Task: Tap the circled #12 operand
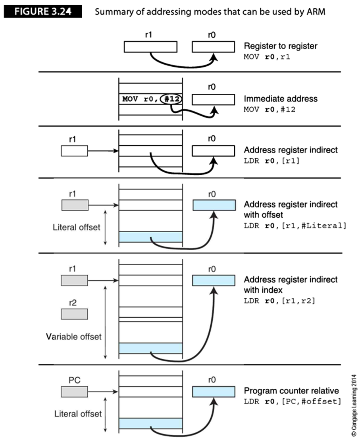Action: pos(171,99)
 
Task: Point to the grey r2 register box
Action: pos(74,314)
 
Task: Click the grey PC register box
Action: pos(74,392)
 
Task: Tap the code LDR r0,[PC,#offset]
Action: pos(293,401)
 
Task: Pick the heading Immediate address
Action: pos(281,98)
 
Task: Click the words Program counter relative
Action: pos(291,391)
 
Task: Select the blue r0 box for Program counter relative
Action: pos(214,392)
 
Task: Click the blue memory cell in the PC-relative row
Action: pos(150,423)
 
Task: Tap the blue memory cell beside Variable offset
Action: pos(150,348)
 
